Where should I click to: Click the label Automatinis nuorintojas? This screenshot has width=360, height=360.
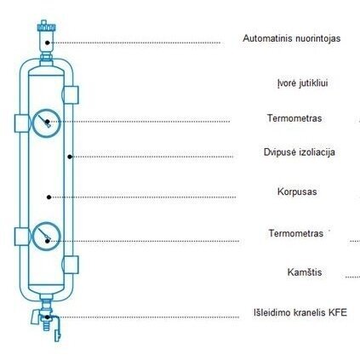[291, 38]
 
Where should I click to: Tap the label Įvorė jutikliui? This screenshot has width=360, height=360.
[302, 83]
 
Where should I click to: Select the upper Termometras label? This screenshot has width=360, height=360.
[294, 118]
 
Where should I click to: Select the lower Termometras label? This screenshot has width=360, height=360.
[296, 233]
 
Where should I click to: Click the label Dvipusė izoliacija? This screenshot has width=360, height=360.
[300, 152]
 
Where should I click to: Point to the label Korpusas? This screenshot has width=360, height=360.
[297, 191]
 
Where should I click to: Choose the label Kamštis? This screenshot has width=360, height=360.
[305, 272]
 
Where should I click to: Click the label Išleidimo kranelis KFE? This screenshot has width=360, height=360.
[300, 312]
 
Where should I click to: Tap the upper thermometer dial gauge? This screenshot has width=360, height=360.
[47, 123]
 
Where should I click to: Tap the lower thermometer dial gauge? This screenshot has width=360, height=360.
[47, 237]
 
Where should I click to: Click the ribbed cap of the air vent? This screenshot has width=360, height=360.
[46, 27]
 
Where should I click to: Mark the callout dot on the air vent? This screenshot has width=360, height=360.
[48, 43]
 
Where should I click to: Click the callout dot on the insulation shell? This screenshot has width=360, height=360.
[70, 157]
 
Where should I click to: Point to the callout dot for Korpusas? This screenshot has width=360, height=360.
[49, 197]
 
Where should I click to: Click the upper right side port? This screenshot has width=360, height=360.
[71, 94]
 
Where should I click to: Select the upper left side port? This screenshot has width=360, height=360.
[21, 123]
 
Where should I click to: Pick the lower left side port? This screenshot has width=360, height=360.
[21, 237]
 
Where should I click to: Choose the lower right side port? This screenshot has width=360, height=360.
[71, 265]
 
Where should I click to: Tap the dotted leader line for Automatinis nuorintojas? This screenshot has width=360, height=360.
[135, 43]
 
